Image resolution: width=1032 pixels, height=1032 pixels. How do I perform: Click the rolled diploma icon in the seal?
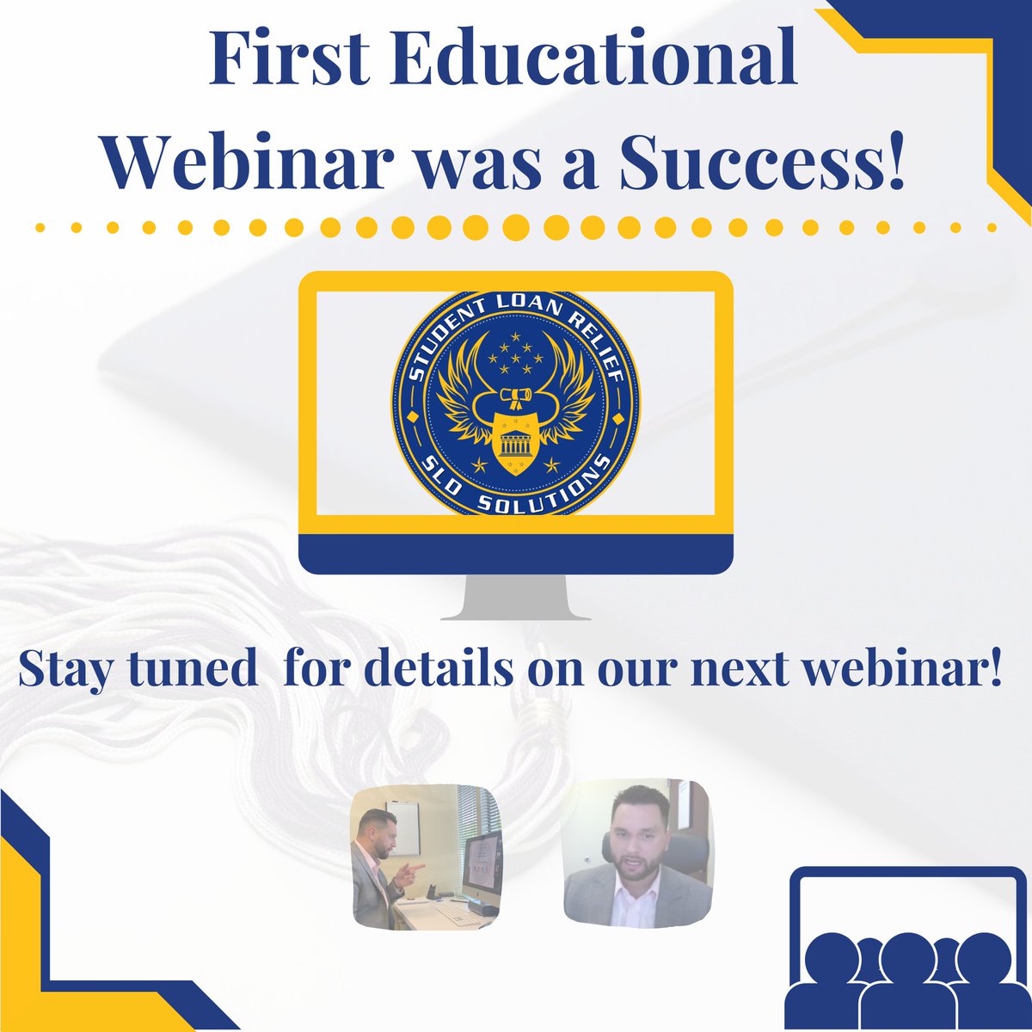(x=516, y=396)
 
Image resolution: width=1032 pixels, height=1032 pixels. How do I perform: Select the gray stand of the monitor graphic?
(x=516, y=597)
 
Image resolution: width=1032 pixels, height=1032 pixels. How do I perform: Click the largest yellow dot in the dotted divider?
(x=516, y=228)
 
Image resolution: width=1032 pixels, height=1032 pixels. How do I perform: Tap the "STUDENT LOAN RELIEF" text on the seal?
(x=516, y=322)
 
